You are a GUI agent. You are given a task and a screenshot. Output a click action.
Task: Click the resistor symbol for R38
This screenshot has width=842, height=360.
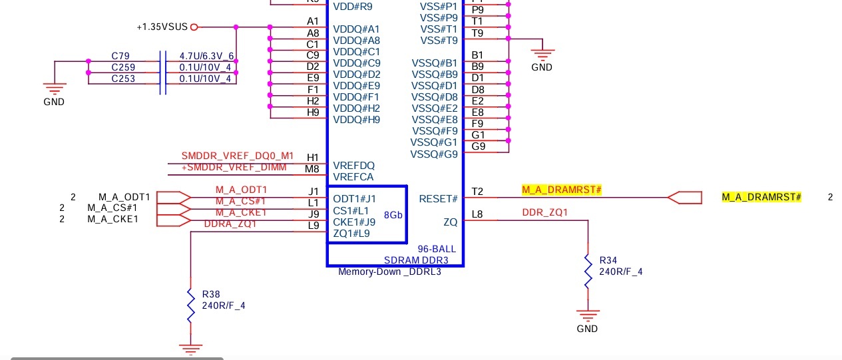pos(191,305)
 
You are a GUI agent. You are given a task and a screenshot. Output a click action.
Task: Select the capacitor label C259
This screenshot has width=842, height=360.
pos(123,67)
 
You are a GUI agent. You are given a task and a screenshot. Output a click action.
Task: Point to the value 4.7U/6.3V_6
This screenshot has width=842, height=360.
pos(206,56)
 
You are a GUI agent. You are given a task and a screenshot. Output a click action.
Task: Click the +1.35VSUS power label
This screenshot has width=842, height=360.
pos(162,27)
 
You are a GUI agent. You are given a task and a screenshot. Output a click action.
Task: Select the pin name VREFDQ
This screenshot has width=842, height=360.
pos(353,166)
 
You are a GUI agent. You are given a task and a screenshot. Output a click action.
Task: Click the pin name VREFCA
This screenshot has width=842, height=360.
pos(353,177)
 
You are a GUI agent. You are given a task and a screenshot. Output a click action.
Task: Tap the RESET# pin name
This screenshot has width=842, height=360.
pos(438,199)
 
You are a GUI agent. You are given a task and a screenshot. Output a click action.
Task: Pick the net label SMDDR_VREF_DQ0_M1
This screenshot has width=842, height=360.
pos(238,156)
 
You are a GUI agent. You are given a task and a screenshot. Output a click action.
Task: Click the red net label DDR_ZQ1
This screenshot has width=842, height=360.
pos(545,212)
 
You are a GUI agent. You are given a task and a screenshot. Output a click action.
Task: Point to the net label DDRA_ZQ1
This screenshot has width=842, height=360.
pos(230,224)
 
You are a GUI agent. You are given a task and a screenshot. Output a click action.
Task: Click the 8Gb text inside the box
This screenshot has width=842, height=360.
pos(393,215)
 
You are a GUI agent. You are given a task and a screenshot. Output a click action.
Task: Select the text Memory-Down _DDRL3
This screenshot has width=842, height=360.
pos(389,271)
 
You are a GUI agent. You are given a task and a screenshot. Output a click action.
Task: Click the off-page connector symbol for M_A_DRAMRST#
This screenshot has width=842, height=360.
pos(685,198)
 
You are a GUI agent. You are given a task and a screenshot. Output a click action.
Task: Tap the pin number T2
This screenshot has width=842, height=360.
pos(477,192)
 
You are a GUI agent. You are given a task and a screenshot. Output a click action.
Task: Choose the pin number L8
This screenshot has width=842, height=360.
pos(477,214)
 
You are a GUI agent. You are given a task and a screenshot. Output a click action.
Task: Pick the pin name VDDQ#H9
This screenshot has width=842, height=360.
pos(356,120)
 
